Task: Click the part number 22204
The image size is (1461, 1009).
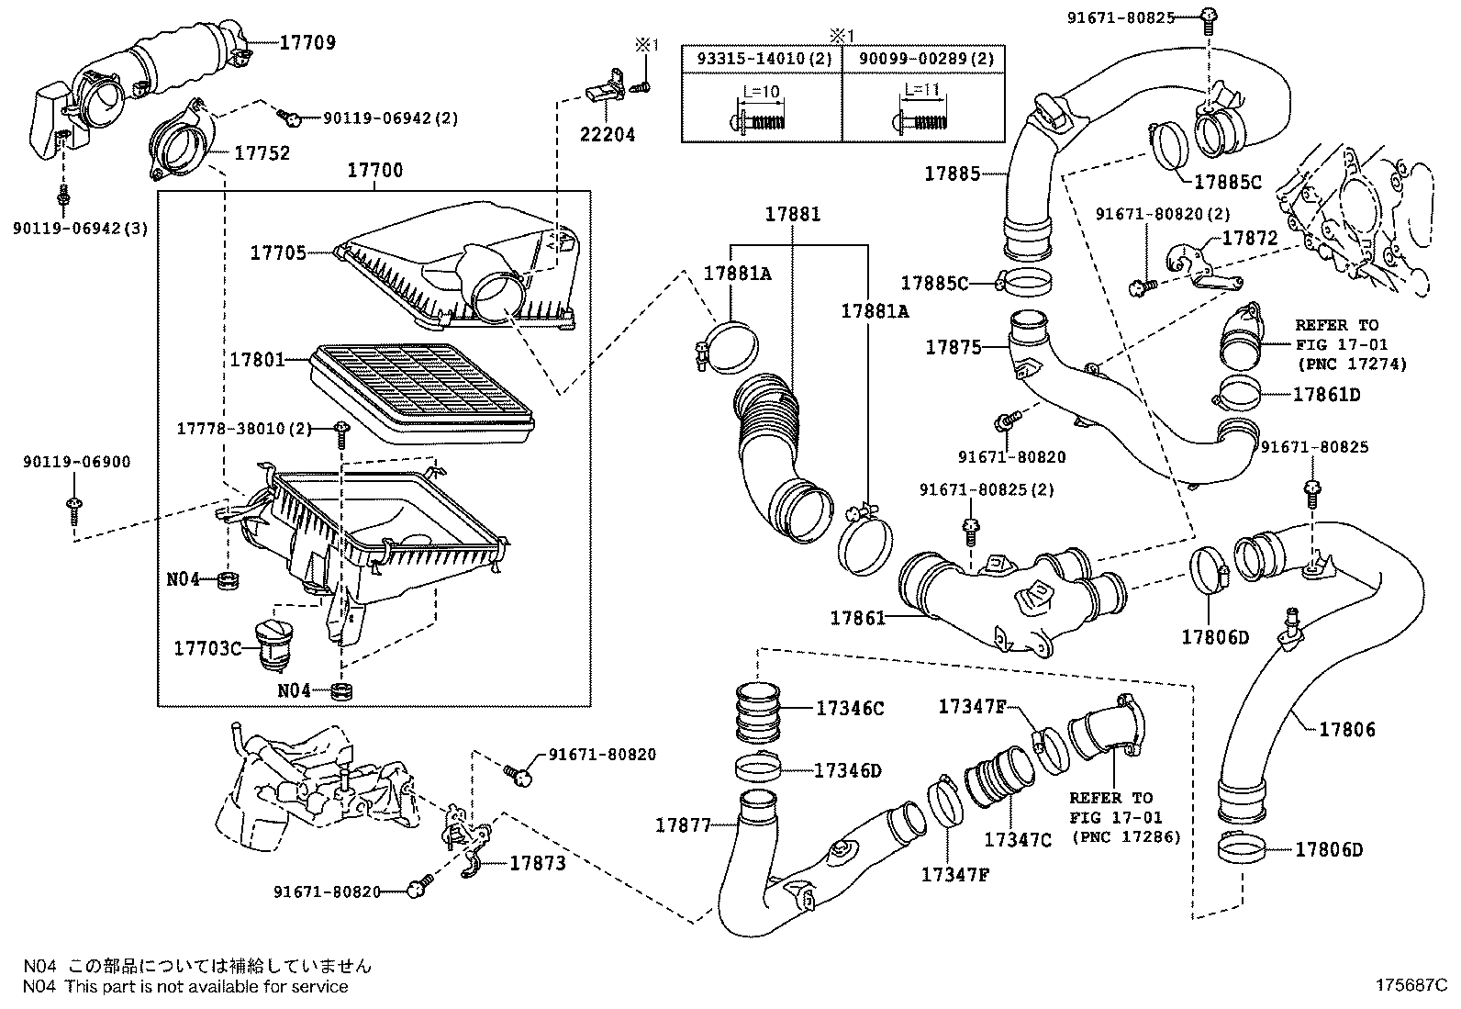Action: [x=607, y=134]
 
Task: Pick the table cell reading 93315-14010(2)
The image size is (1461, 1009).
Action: [x=762, y=59]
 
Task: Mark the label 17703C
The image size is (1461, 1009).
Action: [x=207, y=648]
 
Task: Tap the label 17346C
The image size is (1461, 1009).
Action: [x=850, y=708]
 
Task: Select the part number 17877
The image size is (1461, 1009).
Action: [x=683, y=825]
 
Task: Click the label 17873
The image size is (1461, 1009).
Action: [x=538, y=863]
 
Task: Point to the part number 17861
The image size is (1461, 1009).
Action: [x=859, y=619]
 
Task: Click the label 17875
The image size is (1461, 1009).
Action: [x=954, y=347]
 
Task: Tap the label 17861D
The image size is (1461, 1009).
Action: [x=1326, y=395]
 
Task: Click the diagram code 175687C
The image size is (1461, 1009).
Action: [x=1410, y=985]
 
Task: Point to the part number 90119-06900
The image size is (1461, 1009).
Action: [x=76, y=462]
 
